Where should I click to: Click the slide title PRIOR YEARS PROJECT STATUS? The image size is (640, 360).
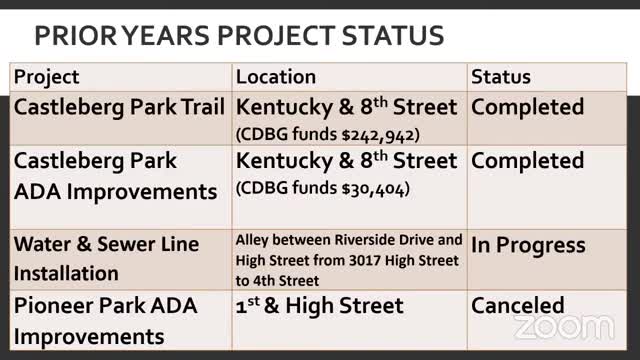tap(239, 36)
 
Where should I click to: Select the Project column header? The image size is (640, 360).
tap(46, 77)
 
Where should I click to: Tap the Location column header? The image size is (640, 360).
tap(276, 77)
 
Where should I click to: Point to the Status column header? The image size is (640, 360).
tap(501, 77)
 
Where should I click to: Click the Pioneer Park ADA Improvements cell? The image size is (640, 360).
tap(105, 320)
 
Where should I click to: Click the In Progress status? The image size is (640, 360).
tap(528, 246)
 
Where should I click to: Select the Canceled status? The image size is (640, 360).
tap(518, 306)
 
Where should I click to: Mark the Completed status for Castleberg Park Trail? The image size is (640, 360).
tap(527, 107)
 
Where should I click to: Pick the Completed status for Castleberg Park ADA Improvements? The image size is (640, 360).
tap(527, 161)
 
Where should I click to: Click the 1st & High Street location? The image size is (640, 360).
tap(319, 306)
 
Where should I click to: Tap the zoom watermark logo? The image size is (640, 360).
tap(563, 326)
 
